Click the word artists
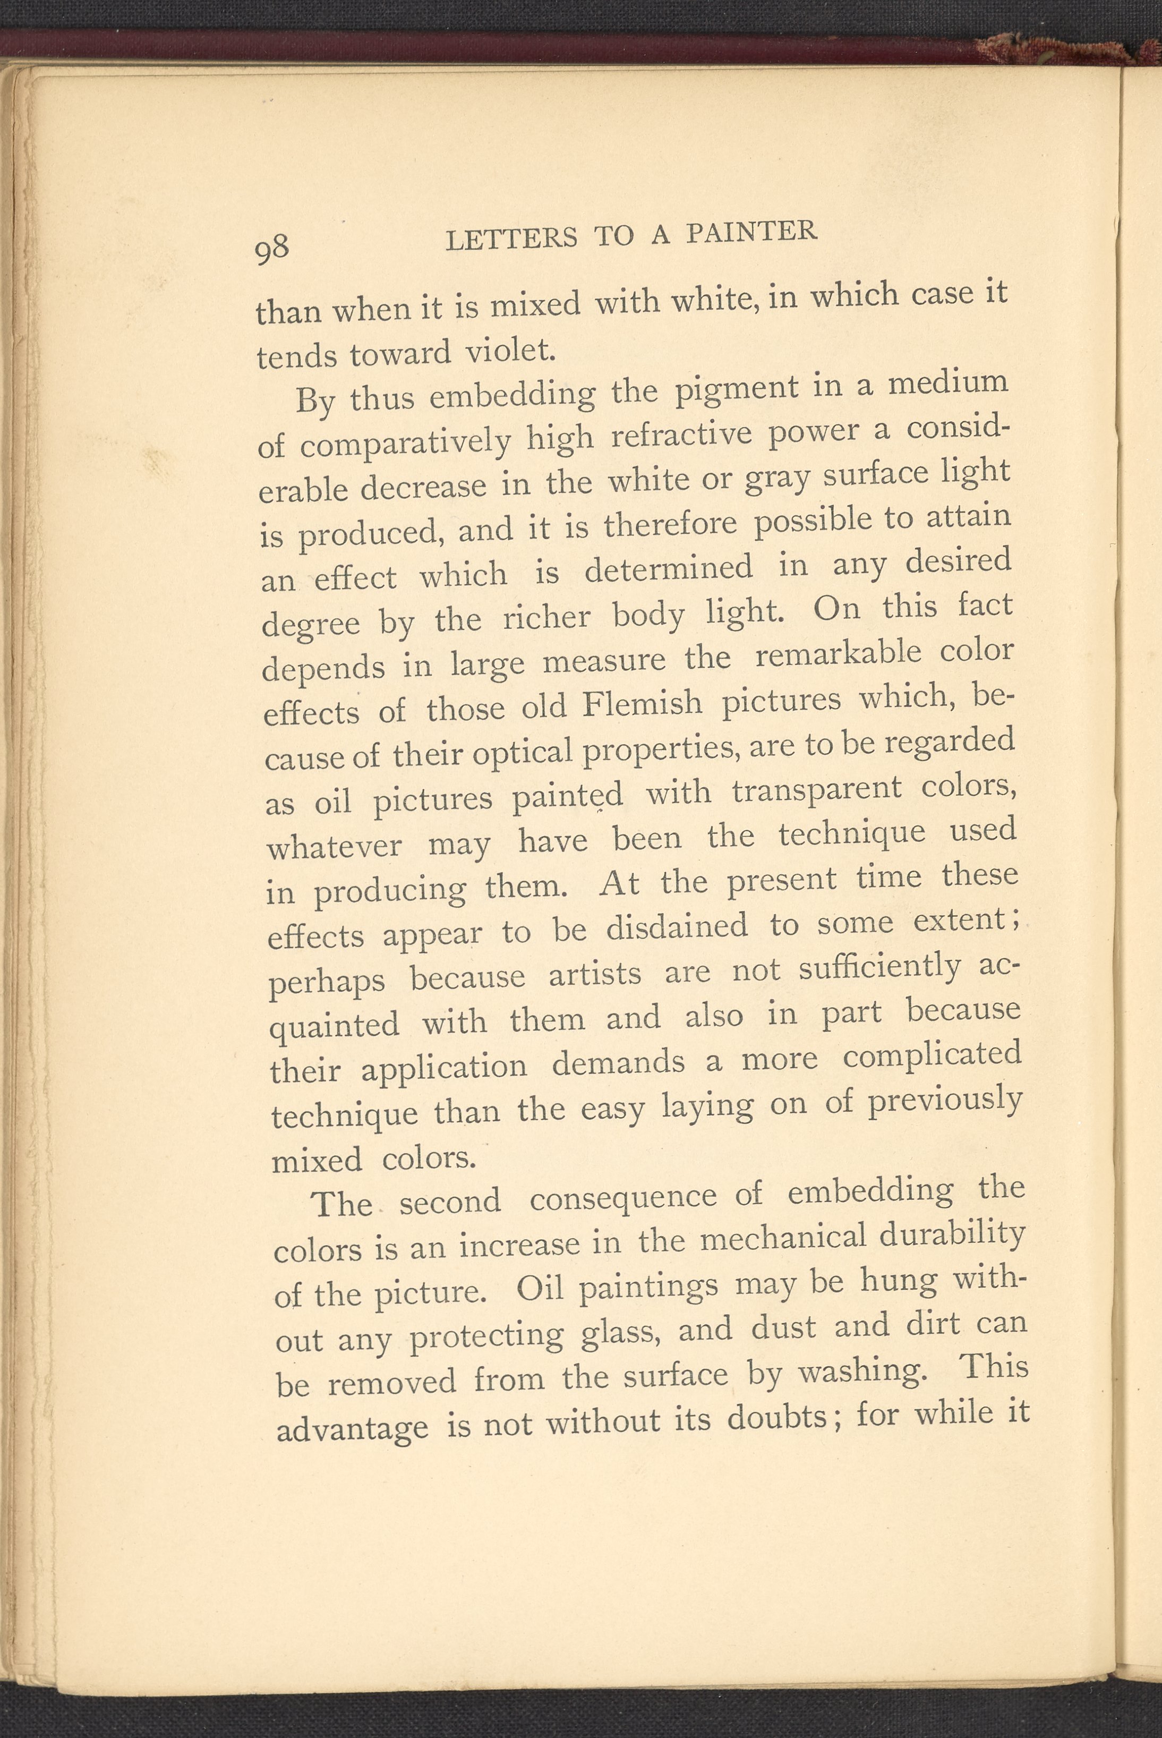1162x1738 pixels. [595, 973]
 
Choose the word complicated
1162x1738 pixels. [932, 1056]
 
